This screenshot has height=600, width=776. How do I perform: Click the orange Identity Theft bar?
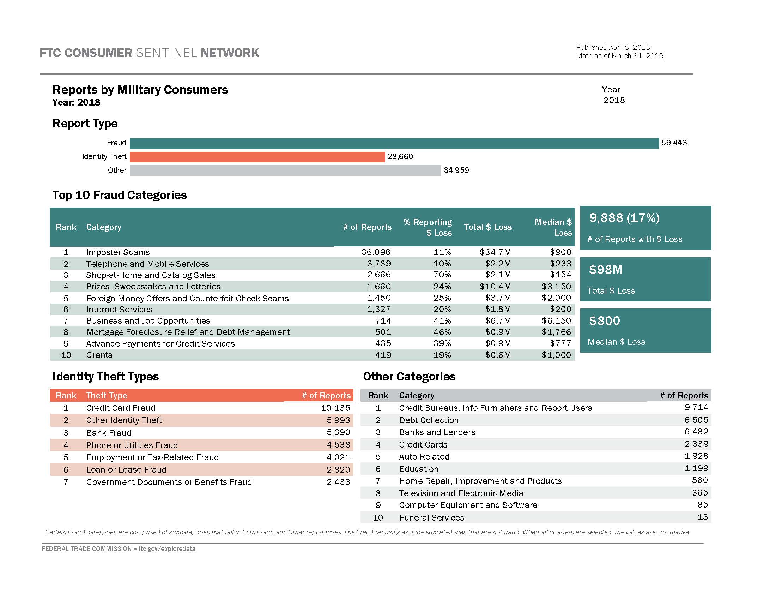click(257, 157)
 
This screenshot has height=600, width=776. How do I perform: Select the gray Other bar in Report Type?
click(285, 170)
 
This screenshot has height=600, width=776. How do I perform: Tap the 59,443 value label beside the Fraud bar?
click(674, 143)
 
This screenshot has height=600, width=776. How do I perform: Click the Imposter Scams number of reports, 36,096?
click(376, 252)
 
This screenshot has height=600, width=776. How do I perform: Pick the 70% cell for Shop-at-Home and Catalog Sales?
click(442, 275)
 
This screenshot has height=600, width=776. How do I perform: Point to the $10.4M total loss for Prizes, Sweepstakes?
click(495, 287)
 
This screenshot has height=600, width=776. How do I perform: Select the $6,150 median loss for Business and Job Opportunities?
click(556, 320)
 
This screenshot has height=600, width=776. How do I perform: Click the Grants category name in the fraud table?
click(99, 355)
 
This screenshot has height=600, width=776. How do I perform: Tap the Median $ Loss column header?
click(553, 228)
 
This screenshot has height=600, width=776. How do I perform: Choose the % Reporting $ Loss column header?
click(428, 228)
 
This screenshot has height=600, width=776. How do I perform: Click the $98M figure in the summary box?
click(605, 270)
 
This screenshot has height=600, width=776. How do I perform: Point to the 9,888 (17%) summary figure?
click(624, 218)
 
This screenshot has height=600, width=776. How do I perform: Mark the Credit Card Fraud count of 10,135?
click(335, 408)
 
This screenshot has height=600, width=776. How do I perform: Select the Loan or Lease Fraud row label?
click(126, 470)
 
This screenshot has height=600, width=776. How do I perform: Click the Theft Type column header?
click(107, 396)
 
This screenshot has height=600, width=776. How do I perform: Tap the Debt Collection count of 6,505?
click(696, 420)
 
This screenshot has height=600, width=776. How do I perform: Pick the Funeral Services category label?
click(431, 518)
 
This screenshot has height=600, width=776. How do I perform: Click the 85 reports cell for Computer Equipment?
click(702, 505)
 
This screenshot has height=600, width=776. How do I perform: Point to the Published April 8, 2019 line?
click(613, 47)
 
